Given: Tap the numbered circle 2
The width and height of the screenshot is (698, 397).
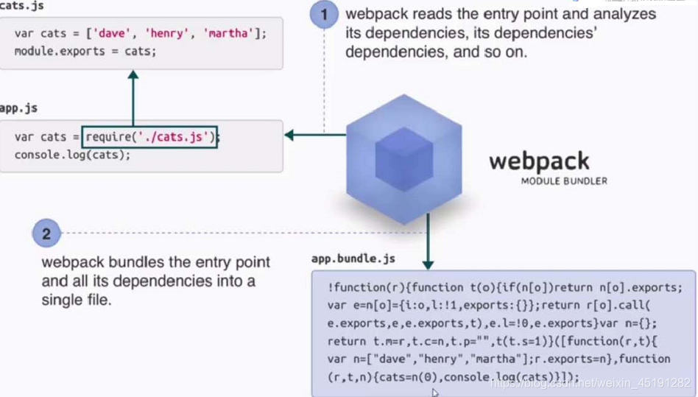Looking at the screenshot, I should [46, 234].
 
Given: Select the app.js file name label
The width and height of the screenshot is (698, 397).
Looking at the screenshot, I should [18, 108].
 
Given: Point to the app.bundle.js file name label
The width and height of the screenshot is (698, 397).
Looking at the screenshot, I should [353, 259].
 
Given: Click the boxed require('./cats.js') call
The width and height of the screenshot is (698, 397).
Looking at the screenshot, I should [151, 136].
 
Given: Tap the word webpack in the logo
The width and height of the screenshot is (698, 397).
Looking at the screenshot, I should [539, 160].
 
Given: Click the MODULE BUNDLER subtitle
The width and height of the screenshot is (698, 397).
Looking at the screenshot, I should [563, 180].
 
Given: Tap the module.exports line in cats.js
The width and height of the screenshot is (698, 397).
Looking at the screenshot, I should [85, 52].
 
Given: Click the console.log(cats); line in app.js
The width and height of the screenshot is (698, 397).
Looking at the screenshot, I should [72, 155].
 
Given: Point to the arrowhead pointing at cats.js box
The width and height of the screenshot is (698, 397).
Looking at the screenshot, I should [133, 74].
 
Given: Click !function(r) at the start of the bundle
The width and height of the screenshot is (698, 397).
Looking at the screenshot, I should [364, 287].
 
